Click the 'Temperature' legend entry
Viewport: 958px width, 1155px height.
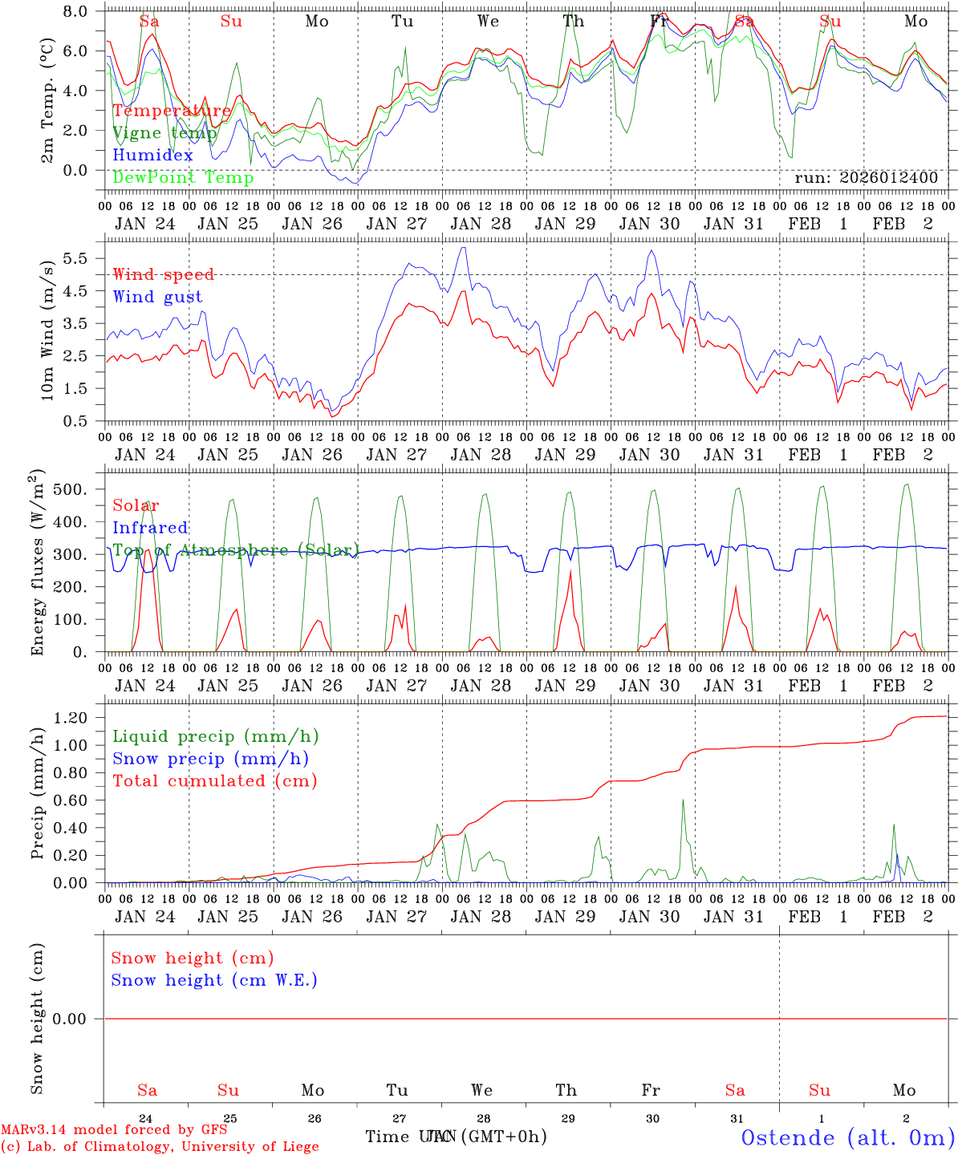pos(171,111)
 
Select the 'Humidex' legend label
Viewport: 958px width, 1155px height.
pos(152,156)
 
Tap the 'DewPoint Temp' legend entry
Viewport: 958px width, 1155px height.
pos(183,177)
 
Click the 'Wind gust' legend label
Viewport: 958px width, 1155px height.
pos(157,297)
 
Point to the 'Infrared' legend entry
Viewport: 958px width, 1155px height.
pos(150,528)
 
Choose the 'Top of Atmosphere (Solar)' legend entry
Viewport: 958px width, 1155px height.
pos(235,550)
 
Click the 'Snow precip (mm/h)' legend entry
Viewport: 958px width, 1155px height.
pos(210,759)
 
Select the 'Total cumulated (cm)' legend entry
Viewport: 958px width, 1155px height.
pos(214,780)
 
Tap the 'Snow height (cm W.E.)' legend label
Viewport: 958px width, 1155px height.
pos(213,980)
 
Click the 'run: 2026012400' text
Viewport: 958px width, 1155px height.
pos(866,178)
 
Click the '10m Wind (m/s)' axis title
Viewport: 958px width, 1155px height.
pos(47,329)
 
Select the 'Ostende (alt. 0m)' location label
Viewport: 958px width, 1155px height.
pos(847,1137)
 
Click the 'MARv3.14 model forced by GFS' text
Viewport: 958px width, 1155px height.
pos(114,1129)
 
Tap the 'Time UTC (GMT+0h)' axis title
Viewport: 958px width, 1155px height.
pos(456,1136)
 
